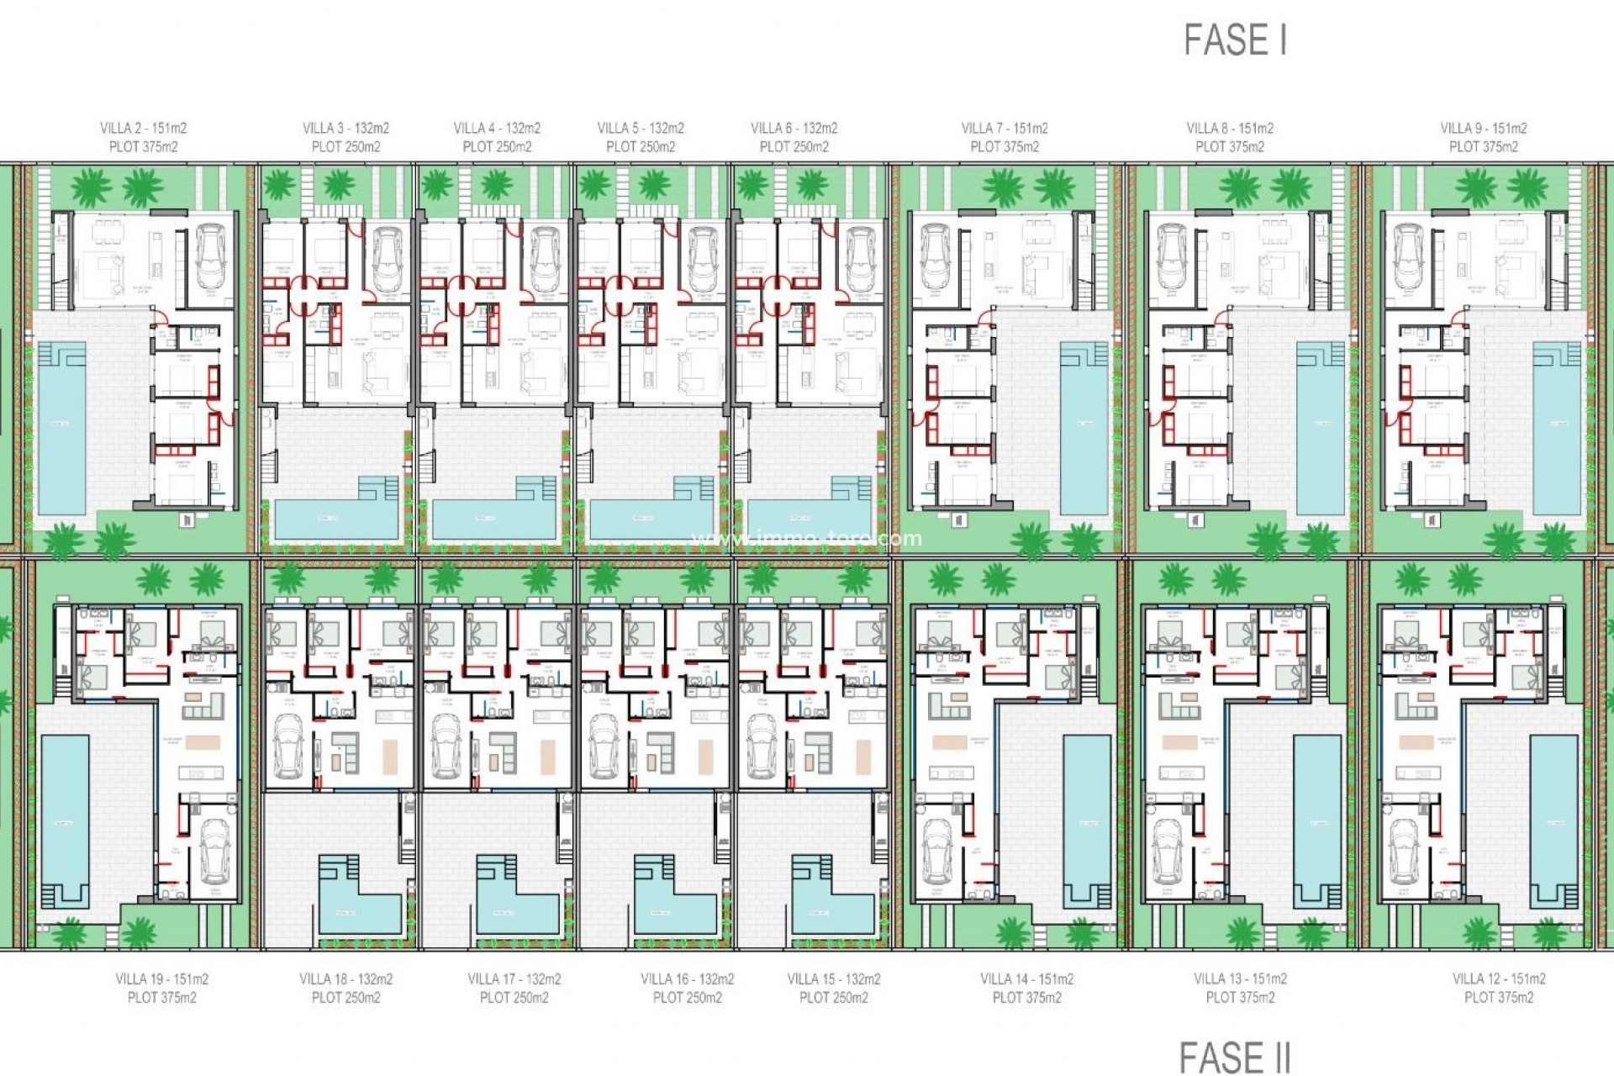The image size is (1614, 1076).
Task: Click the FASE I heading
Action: [x=1235, y=40]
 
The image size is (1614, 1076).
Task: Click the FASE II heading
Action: [x=1234, y=1057]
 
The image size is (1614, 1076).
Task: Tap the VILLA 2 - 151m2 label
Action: [x=143, y=129]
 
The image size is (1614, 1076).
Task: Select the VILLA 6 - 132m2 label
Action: [x=794, y=129]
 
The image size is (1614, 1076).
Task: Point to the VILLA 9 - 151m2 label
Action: [x=1483, y=129]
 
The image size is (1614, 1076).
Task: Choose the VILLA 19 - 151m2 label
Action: [x=161, y=979]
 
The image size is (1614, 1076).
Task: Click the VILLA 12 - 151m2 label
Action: [x=1499, y=979]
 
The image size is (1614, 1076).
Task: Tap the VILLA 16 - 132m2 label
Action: [x=687, y=979]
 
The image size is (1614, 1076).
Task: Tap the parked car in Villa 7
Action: [x=936, y=256]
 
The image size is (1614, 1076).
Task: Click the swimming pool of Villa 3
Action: [x=336, y=514]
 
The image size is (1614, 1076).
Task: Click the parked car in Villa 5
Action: [x=702, y=257]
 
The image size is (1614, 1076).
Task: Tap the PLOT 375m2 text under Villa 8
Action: [x=1230, y=147]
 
